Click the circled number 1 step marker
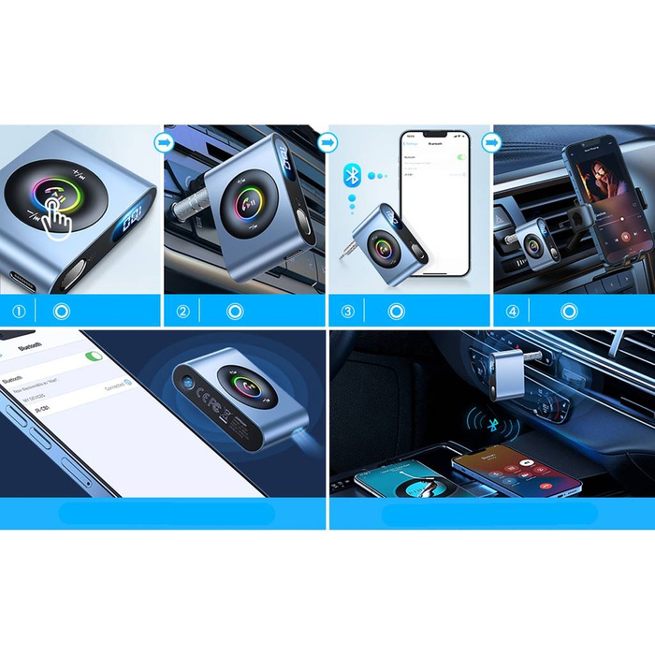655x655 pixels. (x=19, y=311)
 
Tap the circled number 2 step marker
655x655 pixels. (x=182, y=311)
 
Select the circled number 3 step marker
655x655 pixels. (x=347, y=311)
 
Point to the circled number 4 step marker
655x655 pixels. (x=512, y=311)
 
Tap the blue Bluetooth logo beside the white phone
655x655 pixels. (x=353, y=175)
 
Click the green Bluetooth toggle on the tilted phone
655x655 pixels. (x=93, y=356)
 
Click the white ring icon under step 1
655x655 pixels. (x=64, y=311)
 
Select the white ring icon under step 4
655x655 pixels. (x=569, y=311)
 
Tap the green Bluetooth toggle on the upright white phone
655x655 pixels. (x=459, y=158)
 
